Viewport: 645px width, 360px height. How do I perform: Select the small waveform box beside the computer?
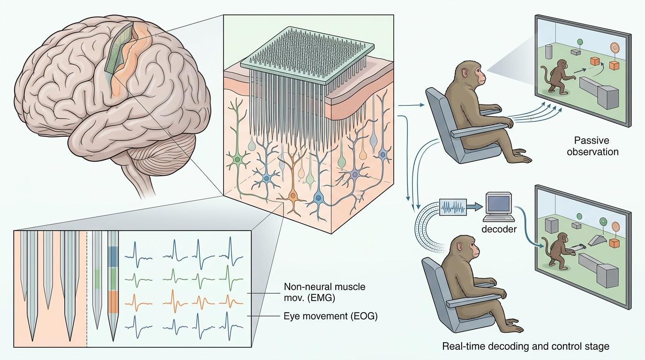(x=454, y=206)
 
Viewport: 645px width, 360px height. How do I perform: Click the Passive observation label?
(x=592, y=146)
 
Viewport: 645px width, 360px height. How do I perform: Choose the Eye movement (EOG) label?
(x=330, y=316)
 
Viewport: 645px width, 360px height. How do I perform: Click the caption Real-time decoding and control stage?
(x=526, y=346)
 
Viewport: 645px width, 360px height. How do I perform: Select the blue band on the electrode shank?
(x=112, y=255)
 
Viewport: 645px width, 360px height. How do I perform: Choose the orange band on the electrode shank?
(x=112, y=301)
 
